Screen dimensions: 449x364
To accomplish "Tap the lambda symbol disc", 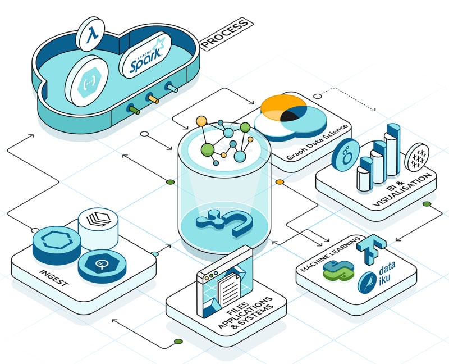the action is [x=90, y=34].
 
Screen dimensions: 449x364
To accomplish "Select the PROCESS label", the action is [x=225, y=33].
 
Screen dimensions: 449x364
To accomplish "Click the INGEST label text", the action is [x=54, y=277].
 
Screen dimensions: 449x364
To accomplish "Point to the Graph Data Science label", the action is [x=317, y=142].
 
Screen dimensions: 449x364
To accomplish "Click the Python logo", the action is [x=338, y=271].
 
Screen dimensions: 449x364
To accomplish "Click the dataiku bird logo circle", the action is [x=367, y=283].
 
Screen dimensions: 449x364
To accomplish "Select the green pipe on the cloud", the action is [x=134, y=110].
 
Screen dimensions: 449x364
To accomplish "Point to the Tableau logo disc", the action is [x=416, y=157].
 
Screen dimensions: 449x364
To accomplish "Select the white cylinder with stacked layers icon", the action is [x=98, y=229].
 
